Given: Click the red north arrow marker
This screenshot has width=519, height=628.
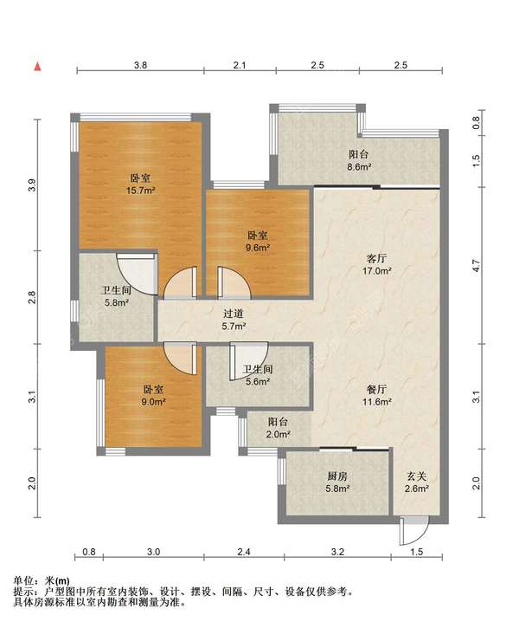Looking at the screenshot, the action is (x=37, y=67).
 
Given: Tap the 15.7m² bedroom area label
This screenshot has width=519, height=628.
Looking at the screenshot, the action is (x=140, y=185).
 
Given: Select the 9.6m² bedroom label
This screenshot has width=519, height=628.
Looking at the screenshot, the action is (x=258, y=242).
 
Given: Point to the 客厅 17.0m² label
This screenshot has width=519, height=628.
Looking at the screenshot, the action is (x=376, y=264).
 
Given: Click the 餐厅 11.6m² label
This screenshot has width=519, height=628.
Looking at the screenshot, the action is (x=376, y=395).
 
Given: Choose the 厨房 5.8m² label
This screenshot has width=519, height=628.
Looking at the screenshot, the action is (x=337, y=482).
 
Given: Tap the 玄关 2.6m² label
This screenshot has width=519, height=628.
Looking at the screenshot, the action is (x=417, y=482).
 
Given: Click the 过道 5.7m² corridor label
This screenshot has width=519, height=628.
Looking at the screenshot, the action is (x=234, y=320).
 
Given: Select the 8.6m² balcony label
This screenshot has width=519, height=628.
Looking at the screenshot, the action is (x=358, y=160).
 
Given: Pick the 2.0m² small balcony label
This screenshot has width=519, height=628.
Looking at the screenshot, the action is (x=279, y=427).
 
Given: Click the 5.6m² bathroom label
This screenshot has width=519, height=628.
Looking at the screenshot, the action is (x=258, y=375).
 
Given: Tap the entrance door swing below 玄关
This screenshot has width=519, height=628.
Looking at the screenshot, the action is (x=414, y=531).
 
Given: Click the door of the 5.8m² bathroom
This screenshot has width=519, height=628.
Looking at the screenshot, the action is (x=137, y=274).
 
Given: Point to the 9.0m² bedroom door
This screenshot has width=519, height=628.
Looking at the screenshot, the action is (x=181, y=358).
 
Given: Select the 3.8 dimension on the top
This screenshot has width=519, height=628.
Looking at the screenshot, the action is (x=140, y=65).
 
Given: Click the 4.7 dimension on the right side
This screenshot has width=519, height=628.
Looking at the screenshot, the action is (x=476, y=266).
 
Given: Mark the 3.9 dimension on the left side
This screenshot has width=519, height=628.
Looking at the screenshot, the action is (x=32, y=185).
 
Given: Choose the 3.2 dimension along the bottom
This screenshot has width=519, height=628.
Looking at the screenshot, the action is (x=338, y=552).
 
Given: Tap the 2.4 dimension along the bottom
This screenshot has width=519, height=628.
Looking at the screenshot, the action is (x=244, y=552).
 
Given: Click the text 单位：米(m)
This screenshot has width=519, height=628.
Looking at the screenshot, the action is (x=42, y=580).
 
